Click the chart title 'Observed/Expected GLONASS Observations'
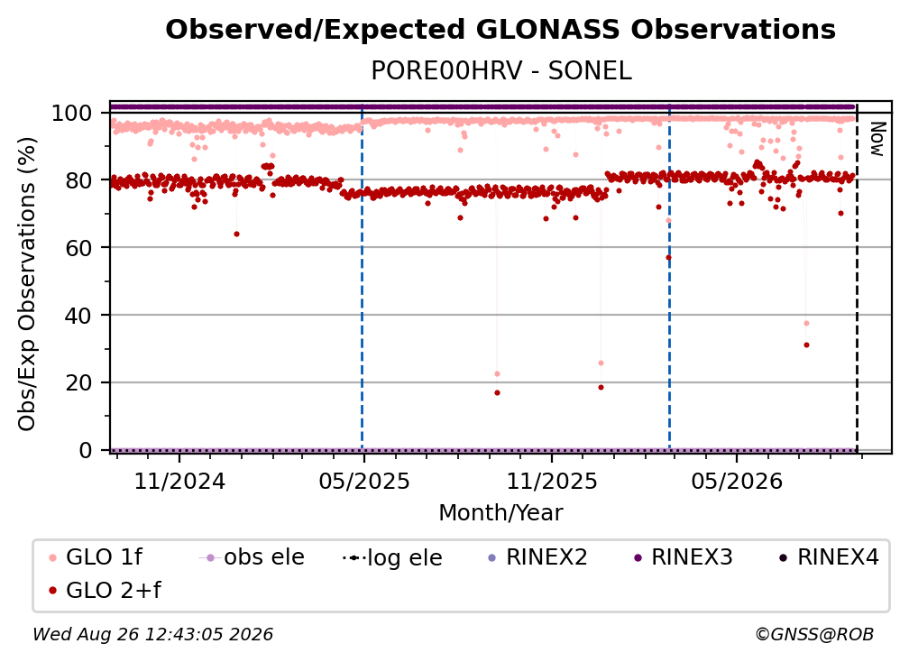click(500, 30)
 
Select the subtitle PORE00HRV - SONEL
click(500, 71)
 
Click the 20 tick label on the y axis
click(78, 383)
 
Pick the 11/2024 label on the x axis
click(179, 482)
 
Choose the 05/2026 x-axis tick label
click(737, 482)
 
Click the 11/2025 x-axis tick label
click(552, 482)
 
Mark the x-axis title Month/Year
click(500, 513)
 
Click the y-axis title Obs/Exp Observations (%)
click(27, 284)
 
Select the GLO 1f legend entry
click(96, 557)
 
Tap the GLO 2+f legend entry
click(105, 591)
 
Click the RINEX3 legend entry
click(684, 557)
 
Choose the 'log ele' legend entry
click(392, 557)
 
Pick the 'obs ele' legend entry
click(251, 557)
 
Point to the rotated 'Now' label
click(877, 139)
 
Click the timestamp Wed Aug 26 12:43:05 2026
click(152, 635)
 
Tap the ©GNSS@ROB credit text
click(814, 635)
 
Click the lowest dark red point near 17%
click(497, 393)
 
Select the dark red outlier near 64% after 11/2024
click(236, 234)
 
